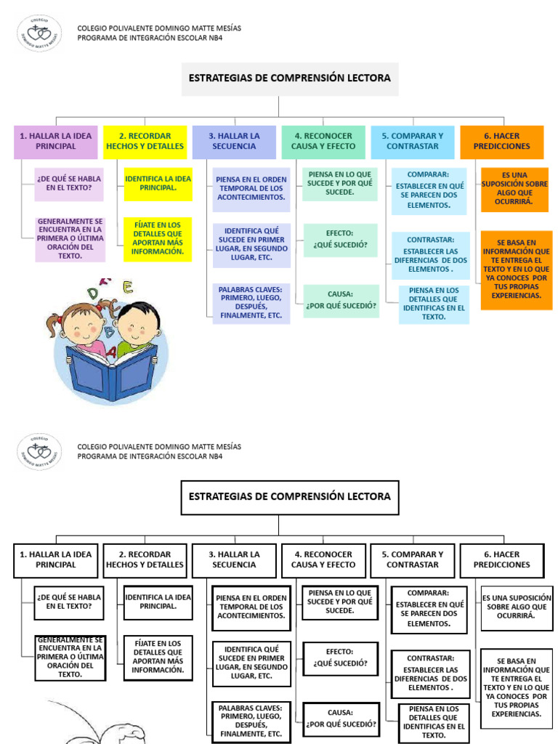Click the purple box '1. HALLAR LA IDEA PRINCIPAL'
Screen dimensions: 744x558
click(55, 142)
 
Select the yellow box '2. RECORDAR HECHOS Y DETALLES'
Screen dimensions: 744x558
click(145, 142)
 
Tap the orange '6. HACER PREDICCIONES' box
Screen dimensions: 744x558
click(501, 142)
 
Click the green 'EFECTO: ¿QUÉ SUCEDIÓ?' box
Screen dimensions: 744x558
click(341, 240)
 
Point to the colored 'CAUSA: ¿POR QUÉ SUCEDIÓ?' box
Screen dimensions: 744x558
click(341, 300)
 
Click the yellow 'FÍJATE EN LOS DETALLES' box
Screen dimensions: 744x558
click(157, 238)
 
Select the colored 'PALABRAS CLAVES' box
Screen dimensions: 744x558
click(250, 303)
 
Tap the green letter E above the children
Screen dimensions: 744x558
click(128, 288)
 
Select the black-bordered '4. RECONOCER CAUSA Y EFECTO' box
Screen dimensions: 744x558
click(323, 560)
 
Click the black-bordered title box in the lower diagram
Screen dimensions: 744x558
click(289, 498)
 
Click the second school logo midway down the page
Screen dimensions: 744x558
click(39, 451)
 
